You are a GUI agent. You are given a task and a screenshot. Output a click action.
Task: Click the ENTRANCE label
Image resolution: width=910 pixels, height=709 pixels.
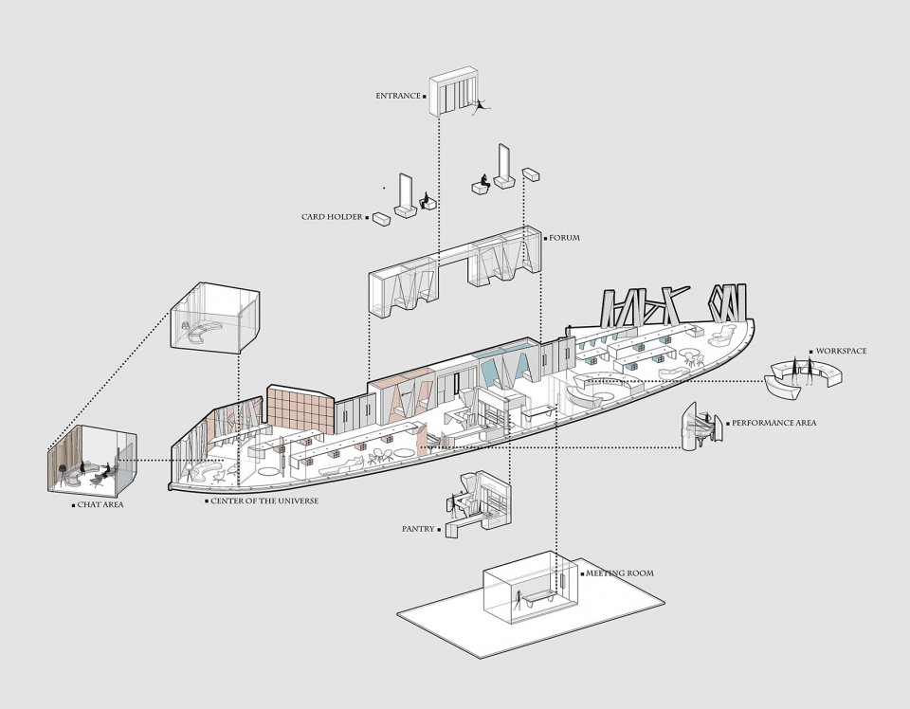coord(397,96)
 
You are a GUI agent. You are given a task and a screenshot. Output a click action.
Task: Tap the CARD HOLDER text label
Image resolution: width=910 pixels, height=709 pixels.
coord(332,217)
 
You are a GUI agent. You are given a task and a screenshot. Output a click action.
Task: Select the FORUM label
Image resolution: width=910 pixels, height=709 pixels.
coord(564,237)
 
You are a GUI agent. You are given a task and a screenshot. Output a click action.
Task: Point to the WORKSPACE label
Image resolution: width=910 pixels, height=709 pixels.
coord(841,351)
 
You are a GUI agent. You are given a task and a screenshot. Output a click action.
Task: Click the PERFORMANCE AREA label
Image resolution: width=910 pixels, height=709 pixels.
coord(773,423)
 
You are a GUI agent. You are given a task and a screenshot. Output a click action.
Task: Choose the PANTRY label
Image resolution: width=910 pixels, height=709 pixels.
coord(418,529)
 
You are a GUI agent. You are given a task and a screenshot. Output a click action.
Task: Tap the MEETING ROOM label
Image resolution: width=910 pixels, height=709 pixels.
coord(619,573)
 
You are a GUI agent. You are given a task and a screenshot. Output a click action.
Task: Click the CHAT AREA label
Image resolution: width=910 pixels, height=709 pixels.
coord(100,505)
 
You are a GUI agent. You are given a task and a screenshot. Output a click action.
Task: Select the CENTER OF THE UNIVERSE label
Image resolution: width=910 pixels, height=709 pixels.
coord(264,500)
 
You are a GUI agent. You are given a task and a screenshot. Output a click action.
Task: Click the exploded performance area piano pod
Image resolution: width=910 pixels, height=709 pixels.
coord(701,427)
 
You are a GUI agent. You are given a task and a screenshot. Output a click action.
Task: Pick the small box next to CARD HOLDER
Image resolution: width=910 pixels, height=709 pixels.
coord(381,219)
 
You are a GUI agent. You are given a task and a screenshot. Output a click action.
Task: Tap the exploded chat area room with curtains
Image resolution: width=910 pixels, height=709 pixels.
coord(92,459)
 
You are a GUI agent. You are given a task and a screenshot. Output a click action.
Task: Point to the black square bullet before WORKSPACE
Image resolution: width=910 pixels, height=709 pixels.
coord(811,352)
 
